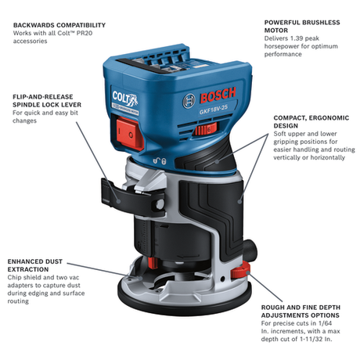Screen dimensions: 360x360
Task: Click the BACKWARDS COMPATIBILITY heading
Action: click(x=58, y=25)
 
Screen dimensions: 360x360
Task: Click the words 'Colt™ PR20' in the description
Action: click(x=75, y=34)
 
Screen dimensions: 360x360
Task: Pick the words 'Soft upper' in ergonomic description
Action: click(x=290, y=134)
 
